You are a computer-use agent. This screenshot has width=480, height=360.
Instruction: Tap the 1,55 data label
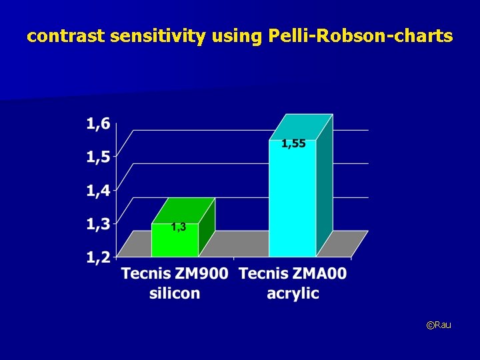coord(293,144)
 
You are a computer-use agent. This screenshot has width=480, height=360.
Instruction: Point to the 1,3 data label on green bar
coord(178,227)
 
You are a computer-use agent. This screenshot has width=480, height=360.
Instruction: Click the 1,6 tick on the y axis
coord(99,124)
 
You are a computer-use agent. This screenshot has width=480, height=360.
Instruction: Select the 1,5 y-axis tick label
coord(99,157)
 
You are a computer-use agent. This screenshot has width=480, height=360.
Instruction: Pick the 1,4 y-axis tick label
coord(99,191)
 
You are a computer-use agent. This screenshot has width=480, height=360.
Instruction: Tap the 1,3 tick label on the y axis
coord(99,224)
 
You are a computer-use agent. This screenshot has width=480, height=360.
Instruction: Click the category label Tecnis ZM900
coord(175,273)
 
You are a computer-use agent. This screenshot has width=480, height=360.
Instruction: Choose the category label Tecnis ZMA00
coord(293,273)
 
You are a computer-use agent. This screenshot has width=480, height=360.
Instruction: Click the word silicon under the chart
coord(175,293)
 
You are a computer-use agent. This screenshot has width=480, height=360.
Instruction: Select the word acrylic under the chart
coord(293,293)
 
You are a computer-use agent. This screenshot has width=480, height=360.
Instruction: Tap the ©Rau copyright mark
coord(439,325)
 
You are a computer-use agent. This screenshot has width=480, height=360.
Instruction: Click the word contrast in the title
coord(65,37)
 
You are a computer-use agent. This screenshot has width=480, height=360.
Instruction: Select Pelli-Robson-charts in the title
coord(360,37)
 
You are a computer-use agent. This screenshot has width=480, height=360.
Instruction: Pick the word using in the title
coord(237,37)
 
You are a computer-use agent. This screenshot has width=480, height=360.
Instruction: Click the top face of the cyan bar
coord(301,127)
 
